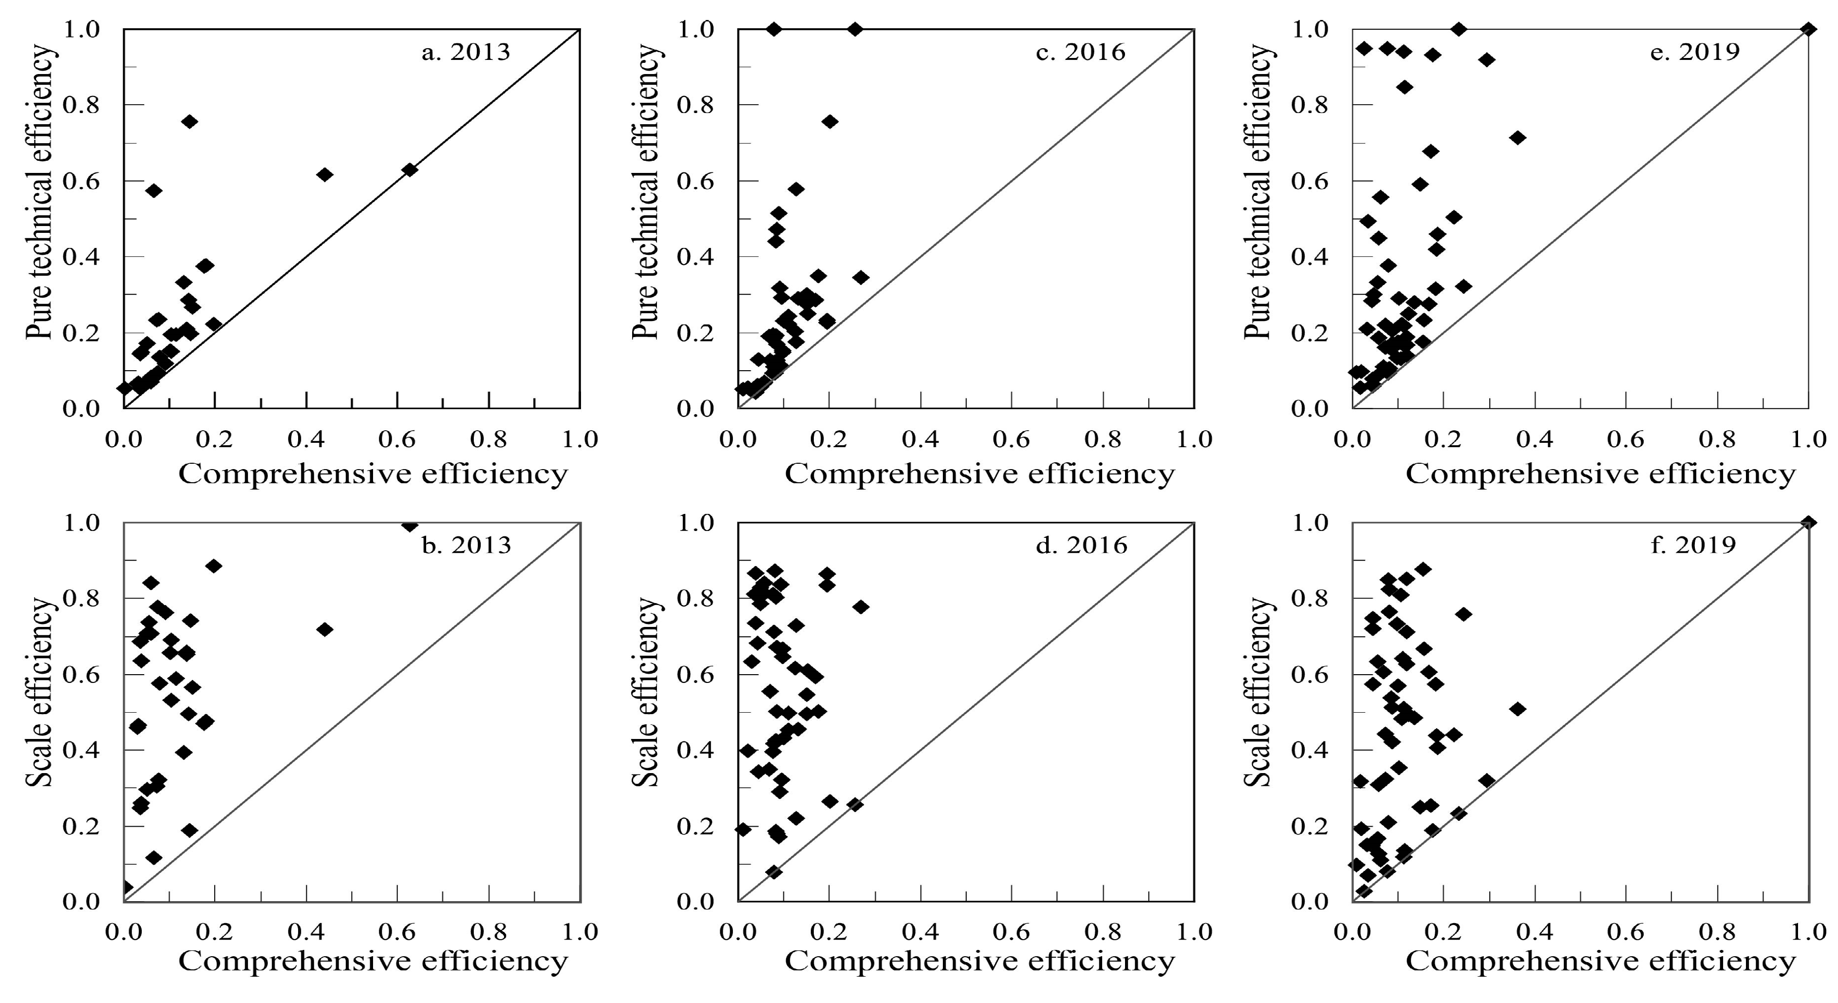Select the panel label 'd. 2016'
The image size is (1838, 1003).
pyautogui.click(x=1082, y=546)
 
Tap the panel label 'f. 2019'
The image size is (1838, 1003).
pyautogui.click(x=1693, y=546)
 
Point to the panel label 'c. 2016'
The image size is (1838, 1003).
pyautogui.click(x=1080, y=52)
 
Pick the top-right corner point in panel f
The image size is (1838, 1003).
pyautogui.click(x=1807, y=523)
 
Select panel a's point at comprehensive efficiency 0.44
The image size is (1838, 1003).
pyautogui.click(x=325, y=174)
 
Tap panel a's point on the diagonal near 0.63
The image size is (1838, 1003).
pyautogui.click(x=410, y=170)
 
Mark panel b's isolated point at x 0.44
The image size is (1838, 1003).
pyautogui.click(x=325, y=629)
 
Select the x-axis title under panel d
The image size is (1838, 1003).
pyautogui.click(x=979, y=961)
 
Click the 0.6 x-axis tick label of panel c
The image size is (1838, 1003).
pyautogui.click(x=1012, y=439)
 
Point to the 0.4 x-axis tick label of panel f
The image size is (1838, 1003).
pyautogui.click(x=1534, y=931)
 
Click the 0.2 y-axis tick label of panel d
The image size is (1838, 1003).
pyautogui.click(x=695, y=827)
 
